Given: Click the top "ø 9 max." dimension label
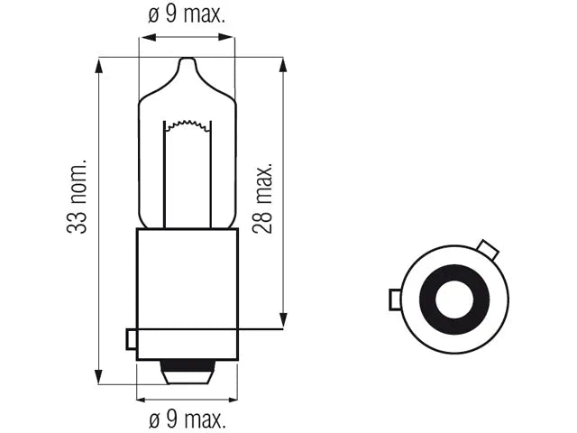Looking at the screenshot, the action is (x=187, y=14).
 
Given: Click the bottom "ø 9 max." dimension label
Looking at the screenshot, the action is (x=188, y=419).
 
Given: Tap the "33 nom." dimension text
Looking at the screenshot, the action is (x=77, y=197).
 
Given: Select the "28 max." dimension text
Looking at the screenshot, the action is (x=262, y=198).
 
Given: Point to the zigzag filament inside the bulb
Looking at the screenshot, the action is (x=188, y=125).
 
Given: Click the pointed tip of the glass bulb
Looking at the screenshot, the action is (x=188, y=58).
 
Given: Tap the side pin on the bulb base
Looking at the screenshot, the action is (x=132, y=339).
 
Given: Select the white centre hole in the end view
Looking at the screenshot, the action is (x=454, y=299).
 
